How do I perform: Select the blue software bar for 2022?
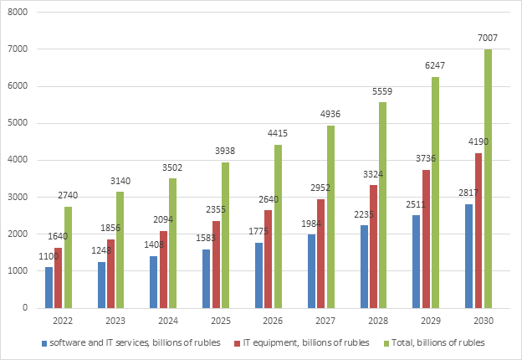tap(49, 287)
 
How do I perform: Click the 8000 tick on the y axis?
tap(18, 13)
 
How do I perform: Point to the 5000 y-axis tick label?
tap(18, 123)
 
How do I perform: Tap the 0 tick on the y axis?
tap(26, 308)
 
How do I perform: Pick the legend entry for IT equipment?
tap(289, 342)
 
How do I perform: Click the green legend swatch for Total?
tap(386, 342)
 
